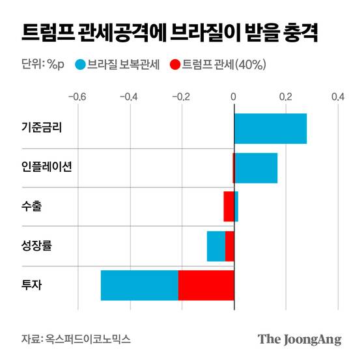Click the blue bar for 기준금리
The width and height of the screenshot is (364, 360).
pyautogui.click(x=270, y=128)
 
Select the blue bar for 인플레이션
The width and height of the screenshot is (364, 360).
pyautogui.click(x=256, y=168)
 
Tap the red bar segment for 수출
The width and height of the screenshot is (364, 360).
pyautogui.click(x=228, y=206)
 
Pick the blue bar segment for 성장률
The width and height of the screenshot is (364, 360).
pyautogui.click(x=216, y=246)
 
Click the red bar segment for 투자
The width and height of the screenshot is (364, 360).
pyautogui.click(x=206, y=285)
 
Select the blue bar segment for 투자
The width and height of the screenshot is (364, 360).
pyautogui.click(x=139, y=285)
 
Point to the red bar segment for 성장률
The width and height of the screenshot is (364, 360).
pyautogui.click(x=229, y=246)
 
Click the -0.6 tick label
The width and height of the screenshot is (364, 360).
pyautogui.click(x=77, y=98)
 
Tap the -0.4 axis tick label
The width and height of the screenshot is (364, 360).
pyautogui.click(x=129, y=98)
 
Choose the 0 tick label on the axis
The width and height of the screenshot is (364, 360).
pyautogui.click(x=234, y=98)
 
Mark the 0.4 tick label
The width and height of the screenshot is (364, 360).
pyautogui.click(x=337, y=98)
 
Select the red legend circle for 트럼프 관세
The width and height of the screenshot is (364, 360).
pyautogui.click(x=175, y=64)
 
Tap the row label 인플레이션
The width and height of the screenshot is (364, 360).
pyautogui.click(x=47, y=167)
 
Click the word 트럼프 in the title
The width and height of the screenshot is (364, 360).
pyautogui.click(x=44, y=33)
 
